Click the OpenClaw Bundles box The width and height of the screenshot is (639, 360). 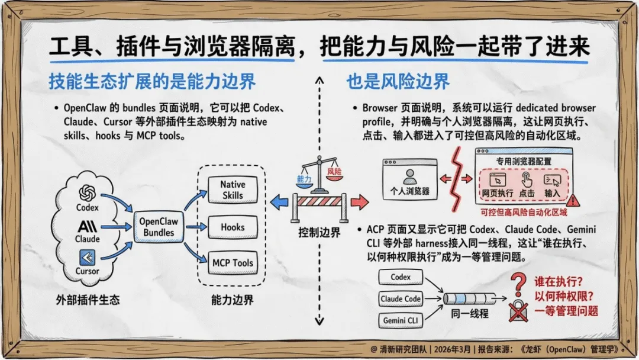pyautogui.click(x=159, y=226)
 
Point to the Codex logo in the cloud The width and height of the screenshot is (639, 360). pyautogui.click(x=88, y=192)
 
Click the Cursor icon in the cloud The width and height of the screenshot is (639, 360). pyautogui.click(x=88, y=257)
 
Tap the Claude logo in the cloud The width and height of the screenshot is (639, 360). pyautogui.click(x=88, y=226)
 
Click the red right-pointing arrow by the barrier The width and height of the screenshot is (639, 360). pyautogui.click(x=359, y=203)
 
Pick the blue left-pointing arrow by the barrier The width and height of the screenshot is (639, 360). pyautogui.click(x=279, y=203)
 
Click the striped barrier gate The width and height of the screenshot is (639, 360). pyautogui.click(x=319, y=203)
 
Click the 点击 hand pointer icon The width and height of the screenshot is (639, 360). pyautogui.click(x=526, y=180)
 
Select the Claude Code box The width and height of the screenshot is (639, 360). pyautogui.click(x=401, y=298)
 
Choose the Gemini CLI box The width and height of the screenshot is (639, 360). pyautogui.click(x=401, y=320)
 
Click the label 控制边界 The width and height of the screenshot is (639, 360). pyautogui.click(x=319, y=233)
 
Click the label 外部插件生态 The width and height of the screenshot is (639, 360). pyautogui.click(x=88, y=300)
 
